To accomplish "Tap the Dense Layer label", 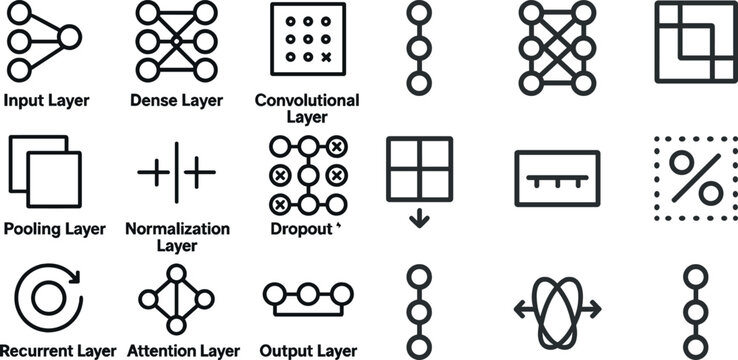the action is point(177,100).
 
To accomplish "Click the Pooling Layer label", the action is point(54,228).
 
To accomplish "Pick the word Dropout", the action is point(301,228).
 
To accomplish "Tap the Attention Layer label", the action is point(184,351).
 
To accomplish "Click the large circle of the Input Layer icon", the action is point(67,39).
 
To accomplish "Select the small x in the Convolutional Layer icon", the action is point(325,57).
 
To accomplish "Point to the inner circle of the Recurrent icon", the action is point(45,297).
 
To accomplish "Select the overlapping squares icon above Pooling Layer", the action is point(45,176).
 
